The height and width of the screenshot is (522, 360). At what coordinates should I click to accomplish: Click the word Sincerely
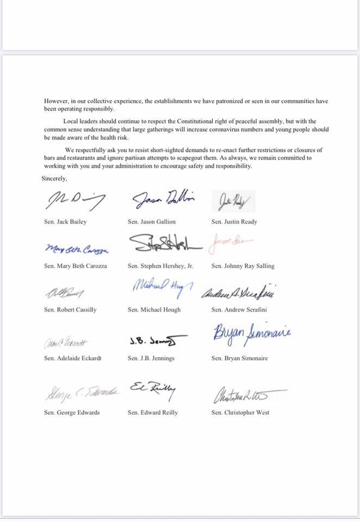point(54,178)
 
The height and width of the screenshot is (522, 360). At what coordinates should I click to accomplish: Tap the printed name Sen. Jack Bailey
point(65,222)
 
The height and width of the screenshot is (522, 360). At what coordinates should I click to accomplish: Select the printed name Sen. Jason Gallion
point(152,222)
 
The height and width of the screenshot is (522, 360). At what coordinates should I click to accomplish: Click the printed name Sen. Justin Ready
point(234,222)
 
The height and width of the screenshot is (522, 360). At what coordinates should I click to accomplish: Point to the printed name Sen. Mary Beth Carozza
point(76,266)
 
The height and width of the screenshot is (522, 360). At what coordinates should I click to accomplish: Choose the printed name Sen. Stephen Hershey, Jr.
point(161,266)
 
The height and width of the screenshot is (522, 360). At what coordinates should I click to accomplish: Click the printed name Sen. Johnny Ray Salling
point(243,266)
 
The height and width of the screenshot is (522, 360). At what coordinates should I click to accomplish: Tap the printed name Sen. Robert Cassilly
point(70,309)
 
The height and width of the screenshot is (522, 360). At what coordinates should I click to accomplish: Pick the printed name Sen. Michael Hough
point(154,309)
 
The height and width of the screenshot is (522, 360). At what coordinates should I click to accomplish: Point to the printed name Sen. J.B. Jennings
point(152,358)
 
